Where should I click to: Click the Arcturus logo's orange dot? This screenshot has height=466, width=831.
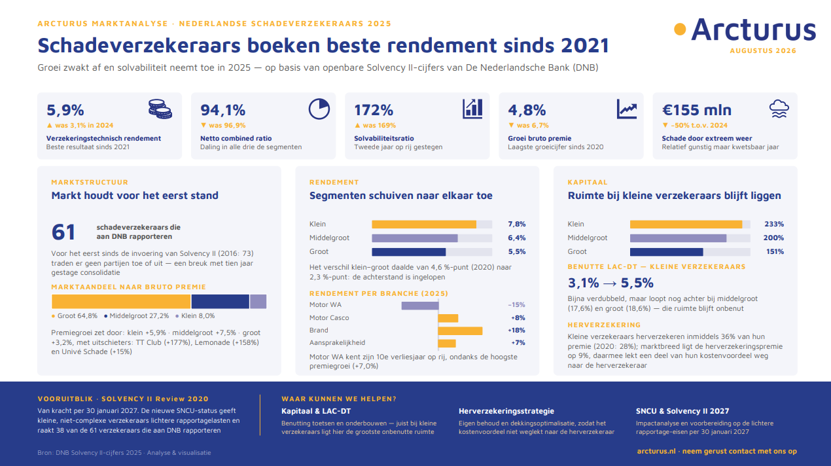tap(680, 29)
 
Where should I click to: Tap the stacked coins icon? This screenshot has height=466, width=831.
tap(160, 109)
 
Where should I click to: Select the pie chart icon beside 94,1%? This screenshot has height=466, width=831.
tap(319, 109)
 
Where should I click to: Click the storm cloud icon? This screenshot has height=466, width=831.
tap(779, 109)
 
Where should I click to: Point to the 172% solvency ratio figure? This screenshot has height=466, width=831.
tap(374, 110)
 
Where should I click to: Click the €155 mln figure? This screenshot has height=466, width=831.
tap(697, 110)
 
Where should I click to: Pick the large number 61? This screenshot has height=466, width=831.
tap(63, 232)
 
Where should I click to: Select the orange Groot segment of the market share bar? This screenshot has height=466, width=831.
tap(121, 302)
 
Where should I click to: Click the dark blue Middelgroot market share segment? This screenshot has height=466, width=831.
tap(221, 302)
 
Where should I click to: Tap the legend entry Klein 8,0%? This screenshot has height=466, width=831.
tap(195, 315)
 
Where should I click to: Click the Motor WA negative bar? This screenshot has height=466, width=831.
tap(420, 306)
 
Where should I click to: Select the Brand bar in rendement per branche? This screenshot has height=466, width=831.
tap(461, 331)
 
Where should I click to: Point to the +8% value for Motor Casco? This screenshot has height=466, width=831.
tap(518, 318)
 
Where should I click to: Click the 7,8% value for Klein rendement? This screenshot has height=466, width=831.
tap(517, 224)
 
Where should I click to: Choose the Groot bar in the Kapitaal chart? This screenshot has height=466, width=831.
tap(666, 252)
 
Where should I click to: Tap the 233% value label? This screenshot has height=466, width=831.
tap(774, 224)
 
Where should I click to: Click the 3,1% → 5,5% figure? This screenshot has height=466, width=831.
tap(610, 283)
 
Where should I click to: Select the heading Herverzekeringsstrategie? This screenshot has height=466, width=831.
tap(506, 411)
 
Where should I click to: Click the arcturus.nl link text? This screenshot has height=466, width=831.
tap(656, 451)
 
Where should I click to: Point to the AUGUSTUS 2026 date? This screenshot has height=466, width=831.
tap(763, 51)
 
